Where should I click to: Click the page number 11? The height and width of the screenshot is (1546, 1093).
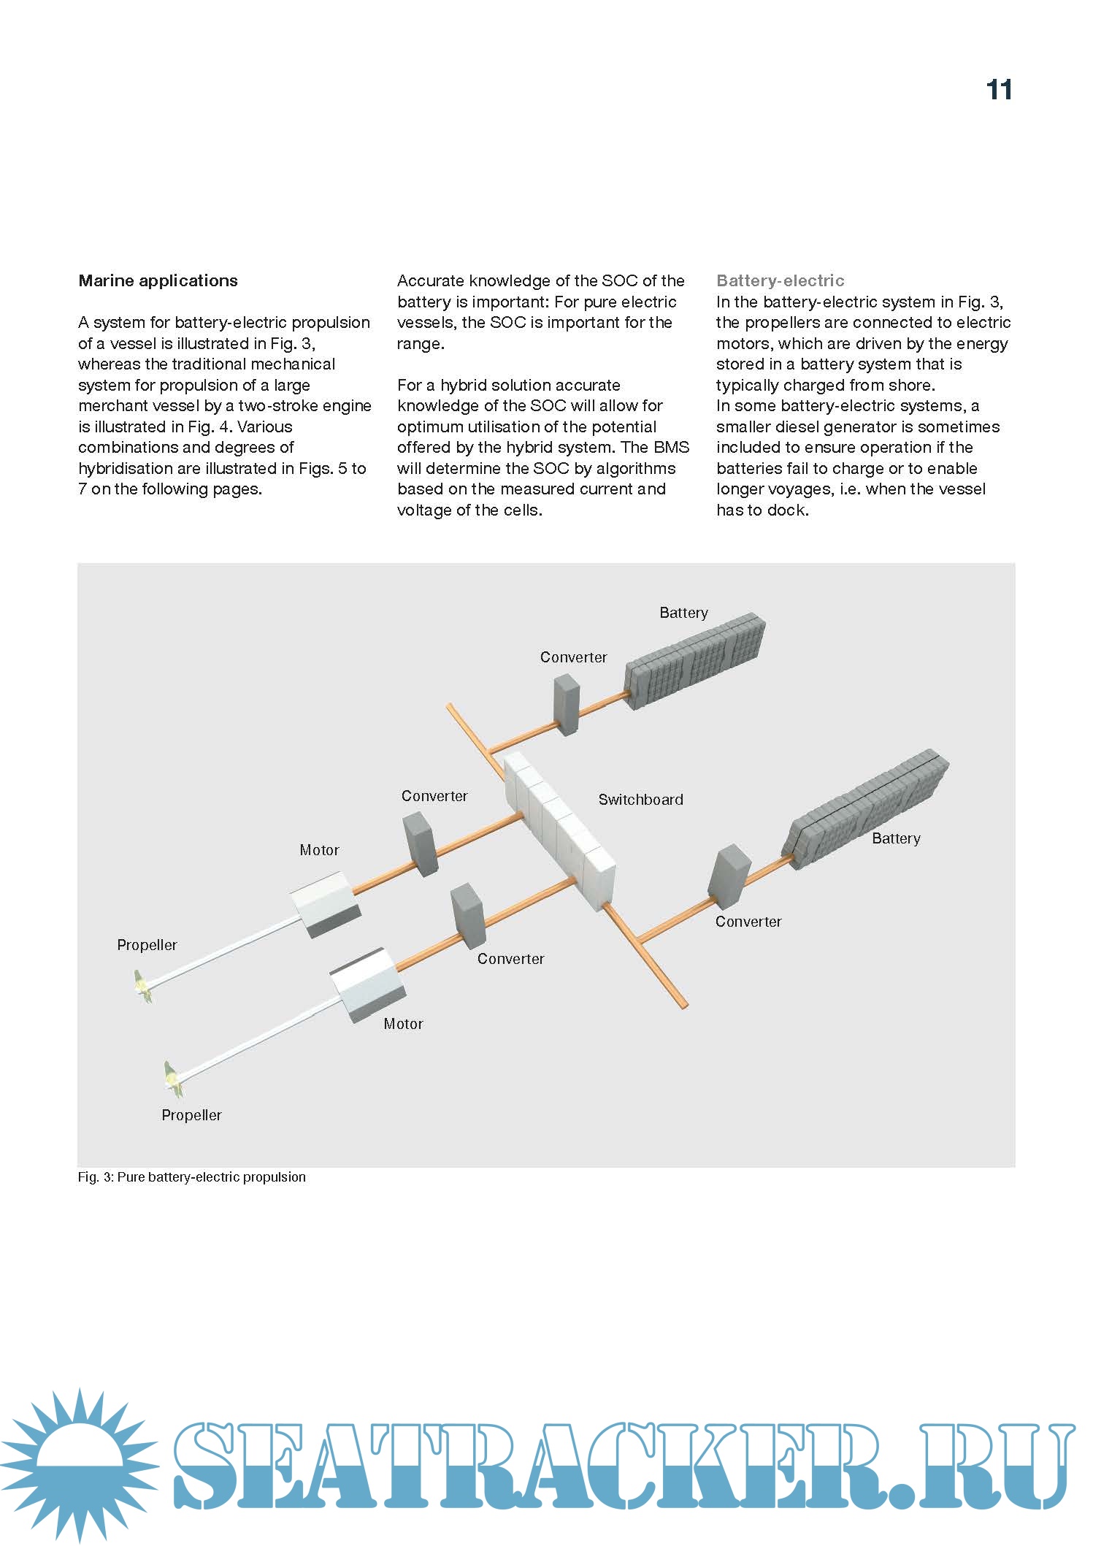pyautogui.click(x=999, y=90)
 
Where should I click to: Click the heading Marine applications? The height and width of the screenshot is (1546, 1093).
pyautogui.click(x=158, y=280)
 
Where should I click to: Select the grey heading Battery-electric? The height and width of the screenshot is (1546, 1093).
pyautogui.click(x=780, y=280)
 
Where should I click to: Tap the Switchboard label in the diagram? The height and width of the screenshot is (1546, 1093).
pyautogui.click(x=640, y=800)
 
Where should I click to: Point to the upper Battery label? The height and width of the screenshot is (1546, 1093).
pyautogui.click(x=683, y=613)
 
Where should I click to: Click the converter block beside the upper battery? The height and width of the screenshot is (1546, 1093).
pyautogui.click(x=567, y=704)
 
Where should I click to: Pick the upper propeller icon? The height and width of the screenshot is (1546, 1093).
pyautogui.click(x=143, y=987)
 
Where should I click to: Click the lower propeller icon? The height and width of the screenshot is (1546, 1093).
pyautogui.click(x=174, y=1079)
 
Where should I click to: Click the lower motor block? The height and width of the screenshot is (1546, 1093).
pyautogui.click(x=367, y=984)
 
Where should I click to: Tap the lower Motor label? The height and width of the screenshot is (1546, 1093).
pyautogui.click(x=403, y=1024)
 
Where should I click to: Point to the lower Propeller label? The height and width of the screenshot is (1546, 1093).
pyautogui.click(x=191, y=1115)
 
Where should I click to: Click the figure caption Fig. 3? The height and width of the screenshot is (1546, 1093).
pyautogui.click(x=191, y=1177)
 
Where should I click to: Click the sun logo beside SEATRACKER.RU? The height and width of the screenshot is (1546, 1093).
pyautogui.click(x=79, y=1460)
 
